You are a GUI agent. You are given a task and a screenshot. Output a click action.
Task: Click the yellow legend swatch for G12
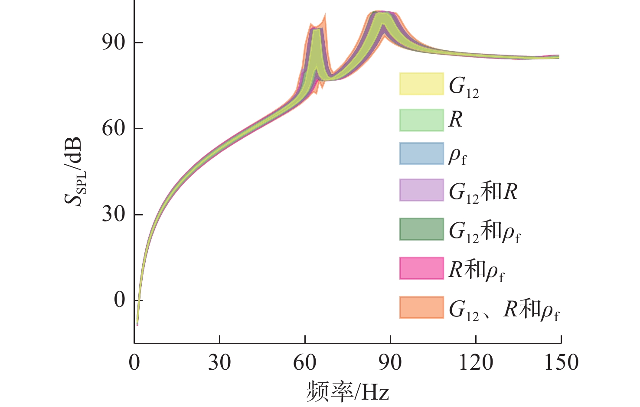(421, 84)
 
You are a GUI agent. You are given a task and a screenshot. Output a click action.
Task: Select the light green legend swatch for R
(421, 120)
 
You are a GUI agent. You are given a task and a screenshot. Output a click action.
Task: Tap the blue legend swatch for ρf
(421, 153)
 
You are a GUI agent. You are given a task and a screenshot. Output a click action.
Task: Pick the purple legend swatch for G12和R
(421, 190)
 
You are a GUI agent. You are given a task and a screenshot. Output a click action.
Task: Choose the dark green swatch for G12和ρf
(421, 229)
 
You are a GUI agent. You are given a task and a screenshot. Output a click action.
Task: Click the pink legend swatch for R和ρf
(421, 268)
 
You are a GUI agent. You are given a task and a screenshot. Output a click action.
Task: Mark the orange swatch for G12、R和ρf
(421, 307)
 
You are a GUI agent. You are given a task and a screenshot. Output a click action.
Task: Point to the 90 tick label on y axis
(114, 42)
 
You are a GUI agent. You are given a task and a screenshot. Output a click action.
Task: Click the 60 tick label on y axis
(114, 128)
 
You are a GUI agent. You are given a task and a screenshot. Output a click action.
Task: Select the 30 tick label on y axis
(114, 214)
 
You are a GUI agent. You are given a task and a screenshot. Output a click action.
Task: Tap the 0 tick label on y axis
(119, 300)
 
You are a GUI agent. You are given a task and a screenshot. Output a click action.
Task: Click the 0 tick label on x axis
(134, 362)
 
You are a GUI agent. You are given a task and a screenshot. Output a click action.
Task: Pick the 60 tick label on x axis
(305, 362)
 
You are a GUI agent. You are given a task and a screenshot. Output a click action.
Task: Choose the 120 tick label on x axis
(476, 362)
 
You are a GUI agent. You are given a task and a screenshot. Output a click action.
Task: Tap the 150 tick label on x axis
(561, 362)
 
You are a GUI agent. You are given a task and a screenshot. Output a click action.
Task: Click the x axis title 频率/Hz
(347, 391)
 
